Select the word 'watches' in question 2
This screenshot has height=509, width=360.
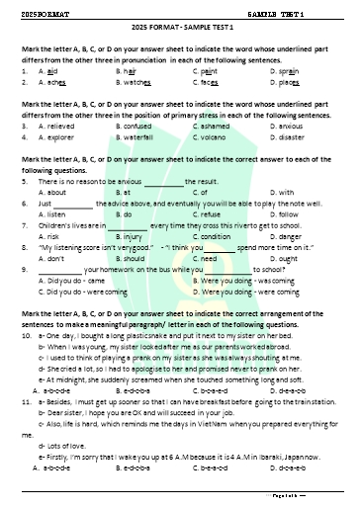pos(139,85)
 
